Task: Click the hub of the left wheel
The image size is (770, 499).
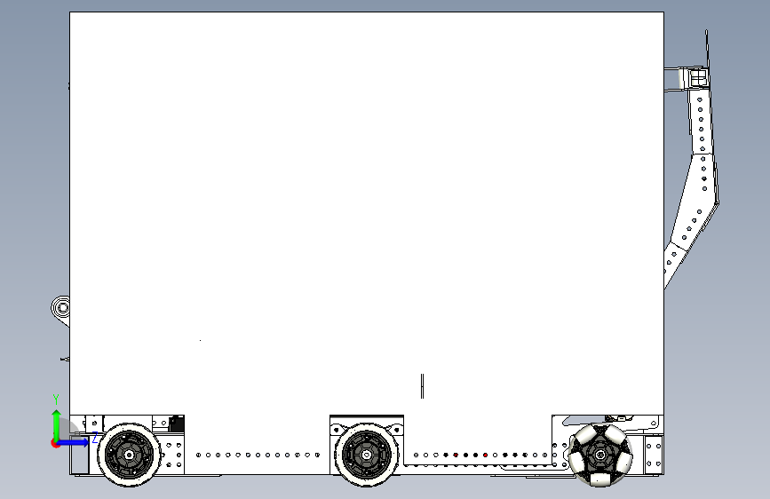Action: (x=130, y=455)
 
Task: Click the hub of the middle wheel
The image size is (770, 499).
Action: (x=366, y=455)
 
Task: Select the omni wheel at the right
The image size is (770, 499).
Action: (x=601, y=455)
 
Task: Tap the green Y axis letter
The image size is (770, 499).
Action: (x=56, y=399)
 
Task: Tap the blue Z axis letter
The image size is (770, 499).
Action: (x=95, y=439)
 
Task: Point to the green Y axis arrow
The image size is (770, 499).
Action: (x=56, y=422)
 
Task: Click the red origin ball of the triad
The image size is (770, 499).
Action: (x=56, y=442)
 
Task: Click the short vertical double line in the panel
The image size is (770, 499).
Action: (x=423, y=386)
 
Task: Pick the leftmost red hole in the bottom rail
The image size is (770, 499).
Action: (x=456, y=455)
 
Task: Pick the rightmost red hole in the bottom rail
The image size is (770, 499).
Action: (x=485, y=455)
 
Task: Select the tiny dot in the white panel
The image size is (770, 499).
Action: (x=200, y=340)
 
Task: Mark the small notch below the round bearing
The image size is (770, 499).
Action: (x=64, y=359)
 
